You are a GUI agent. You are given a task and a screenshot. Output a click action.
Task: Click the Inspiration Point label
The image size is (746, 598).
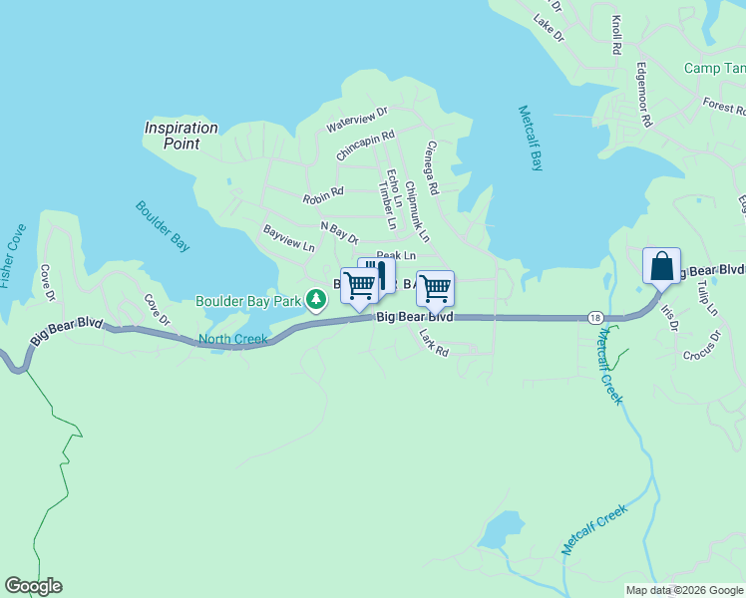coord(181,136)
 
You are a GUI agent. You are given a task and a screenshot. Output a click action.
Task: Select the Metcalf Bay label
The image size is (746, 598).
coord(531,138)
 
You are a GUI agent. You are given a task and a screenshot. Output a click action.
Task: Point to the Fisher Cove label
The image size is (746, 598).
coord(13,256)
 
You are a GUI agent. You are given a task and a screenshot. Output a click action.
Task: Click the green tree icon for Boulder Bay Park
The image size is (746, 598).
coord(316,299)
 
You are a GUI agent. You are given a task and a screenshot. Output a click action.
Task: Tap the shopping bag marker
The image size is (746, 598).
coord(661,267)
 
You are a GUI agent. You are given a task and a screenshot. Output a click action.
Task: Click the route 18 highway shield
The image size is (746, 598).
coord(595,316)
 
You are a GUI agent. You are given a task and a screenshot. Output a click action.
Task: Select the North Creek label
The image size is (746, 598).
coord(232,340)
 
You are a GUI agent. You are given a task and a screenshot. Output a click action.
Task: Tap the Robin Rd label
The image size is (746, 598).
coord(323,191)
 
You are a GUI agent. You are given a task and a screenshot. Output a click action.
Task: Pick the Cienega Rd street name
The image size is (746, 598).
coord(431,165)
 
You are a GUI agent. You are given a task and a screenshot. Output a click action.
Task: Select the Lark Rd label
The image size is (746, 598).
coord(434,344)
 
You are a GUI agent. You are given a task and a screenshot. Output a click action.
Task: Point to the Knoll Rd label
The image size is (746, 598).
coord(617,34)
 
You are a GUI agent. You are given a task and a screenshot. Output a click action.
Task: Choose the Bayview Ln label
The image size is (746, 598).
coord(288,237)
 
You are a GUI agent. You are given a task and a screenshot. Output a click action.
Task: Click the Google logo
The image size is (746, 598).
coord(33,586)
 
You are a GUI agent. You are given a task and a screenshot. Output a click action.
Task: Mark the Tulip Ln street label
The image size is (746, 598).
coord(707,298)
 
